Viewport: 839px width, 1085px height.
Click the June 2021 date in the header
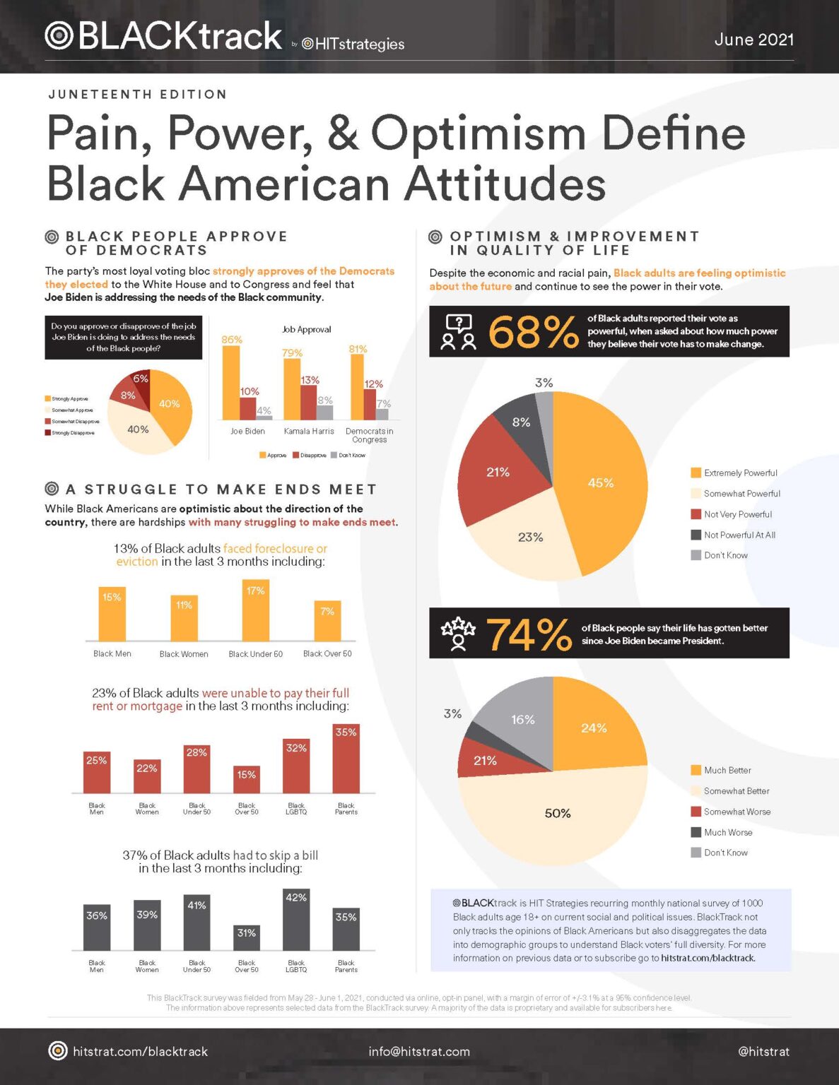point(753,40)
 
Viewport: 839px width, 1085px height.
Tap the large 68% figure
point(532,332)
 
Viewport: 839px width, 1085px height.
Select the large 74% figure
point(529,634)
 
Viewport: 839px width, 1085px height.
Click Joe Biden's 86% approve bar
point(231,381)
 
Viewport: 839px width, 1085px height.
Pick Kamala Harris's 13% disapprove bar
point(309,401)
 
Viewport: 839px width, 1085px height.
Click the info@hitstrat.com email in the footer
point(418,1051)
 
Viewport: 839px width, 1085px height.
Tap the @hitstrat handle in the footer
point(763,1051)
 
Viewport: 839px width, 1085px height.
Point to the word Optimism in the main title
point(479,133)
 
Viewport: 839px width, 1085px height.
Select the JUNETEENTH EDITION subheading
point(138,94)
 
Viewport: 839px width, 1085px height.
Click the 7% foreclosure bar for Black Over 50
point(327,621)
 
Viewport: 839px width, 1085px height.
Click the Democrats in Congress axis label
point(369,435)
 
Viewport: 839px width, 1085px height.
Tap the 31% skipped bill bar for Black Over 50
point(246,938)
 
